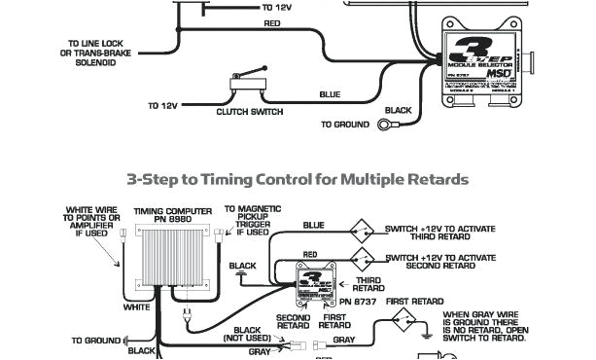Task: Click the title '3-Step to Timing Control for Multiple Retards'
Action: coord(298,179)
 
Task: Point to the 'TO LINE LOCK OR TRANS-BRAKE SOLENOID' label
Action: coord(94,54)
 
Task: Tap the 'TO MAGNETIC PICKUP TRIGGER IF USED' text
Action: coord(250,220)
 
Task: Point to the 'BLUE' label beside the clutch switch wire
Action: coord(331,94)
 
